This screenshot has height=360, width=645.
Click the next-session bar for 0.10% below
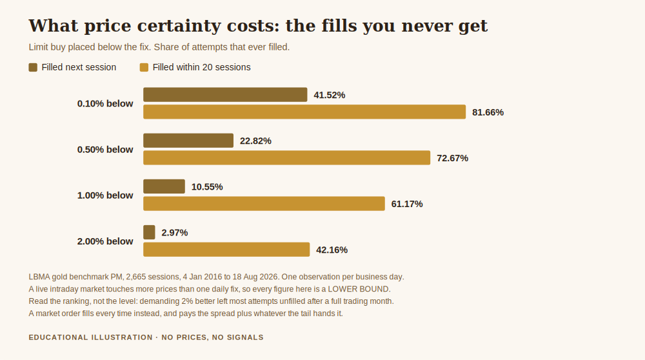pyautogui.click(x=225, y=95)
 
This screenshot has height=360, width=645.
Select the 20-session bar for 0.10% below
pyautogui.click(x=304, y=112)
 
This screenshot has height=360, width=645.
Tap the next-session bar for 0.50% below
pyautogui.click(x=188, y=140)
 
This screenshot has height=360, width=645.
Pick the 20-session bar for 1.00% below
pyautogui.click(x=264, y=204)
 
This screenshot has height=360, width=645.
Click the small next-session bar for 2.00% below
pyautogui.click(x=149, y=232)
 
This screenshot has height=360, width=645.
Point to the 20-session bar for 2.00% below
pyautogui.click(x=226, y=249)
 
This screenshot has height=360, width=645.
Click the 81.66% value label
pyautogui.click(x=488, y=112)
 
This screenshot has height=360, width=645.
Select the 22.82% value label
pyautogui.click(x=255, y=141)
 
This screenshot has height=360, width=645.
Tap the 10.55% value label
pyautogui.click(x=207, y=187)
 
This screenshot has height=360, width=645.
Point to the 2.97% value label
pyautogui.click(x=174, y=232)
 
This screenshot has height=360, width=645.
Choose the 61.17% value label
pyautogui.click(x=407, y=204)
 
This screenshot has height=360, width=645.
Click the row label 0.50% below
pyautogui.click(x=105, y=149)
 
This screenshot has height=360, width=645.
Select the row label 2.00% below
pyautogui.click(x=105, y=241)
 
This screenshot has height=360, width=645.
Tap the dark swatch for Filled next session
pyautogui.click(x=33, y=68)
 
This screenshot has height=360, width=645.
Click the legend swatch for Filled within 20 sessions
pyautogui.click(x=144, y=68)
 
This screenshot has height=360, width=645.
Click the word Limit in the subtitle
pyautogui.click(x=37, y=47)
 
